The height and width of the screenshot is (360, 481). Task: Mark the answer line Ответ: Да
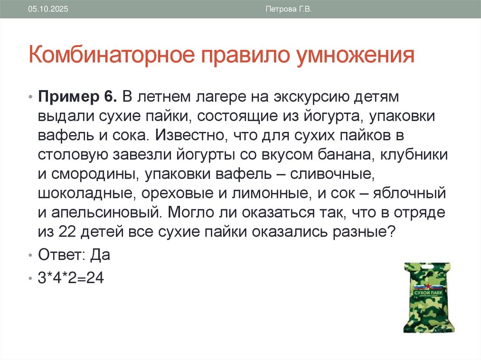click(74, 256)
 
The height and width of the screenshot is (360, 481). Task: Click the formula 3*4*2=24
click(70, 277)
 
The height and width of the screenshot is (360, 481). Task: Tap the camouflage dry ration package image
click(427, 298)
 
